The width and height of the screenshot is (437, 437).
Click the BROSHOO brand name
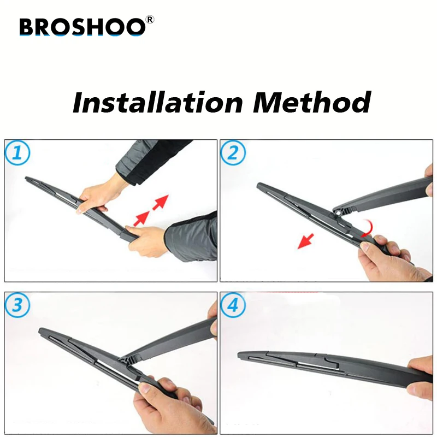[x=82, y=27]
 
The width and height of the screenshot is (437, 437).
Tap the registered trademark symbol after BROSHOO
[x=150, y=20]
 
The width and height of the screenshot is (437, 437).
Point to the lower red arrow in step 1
[x=141, y=218]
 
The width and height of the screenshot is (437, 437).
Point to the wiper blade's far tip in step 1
[x=27, y=179]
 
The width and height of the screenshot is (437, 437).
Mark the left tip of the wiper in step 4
[x=240, y=356]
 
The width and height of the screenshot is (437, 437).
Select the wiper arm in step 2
[x=382, y=194]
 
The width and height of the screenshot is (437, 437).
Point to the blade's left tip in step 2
[x=259, y=186]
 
